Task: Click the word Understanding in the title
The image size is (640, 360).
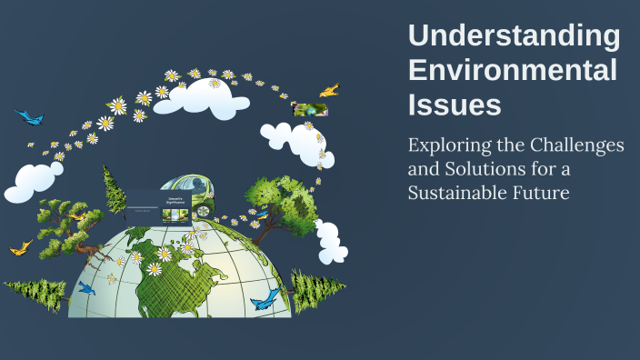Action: click(515, 36)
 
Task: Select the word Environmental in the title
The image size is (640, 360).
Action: click(513, 71)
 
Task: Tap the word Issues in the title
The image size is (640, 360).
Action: click(455, 105)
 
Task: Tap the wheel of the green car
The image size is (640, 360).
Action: click(202, 211)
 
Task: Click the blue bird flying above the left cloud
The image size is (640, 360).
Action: click(29, 117)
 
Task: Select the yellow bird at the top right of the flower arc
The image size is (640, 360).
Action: click(329, 90)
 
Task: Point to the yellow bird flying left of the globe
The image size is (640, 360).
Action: click(20, 246)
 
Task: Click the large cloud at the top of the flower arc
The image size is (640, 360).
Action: click(215, 100)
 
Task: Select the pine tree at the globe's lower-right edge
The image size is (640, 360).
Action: click(315, 290)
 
